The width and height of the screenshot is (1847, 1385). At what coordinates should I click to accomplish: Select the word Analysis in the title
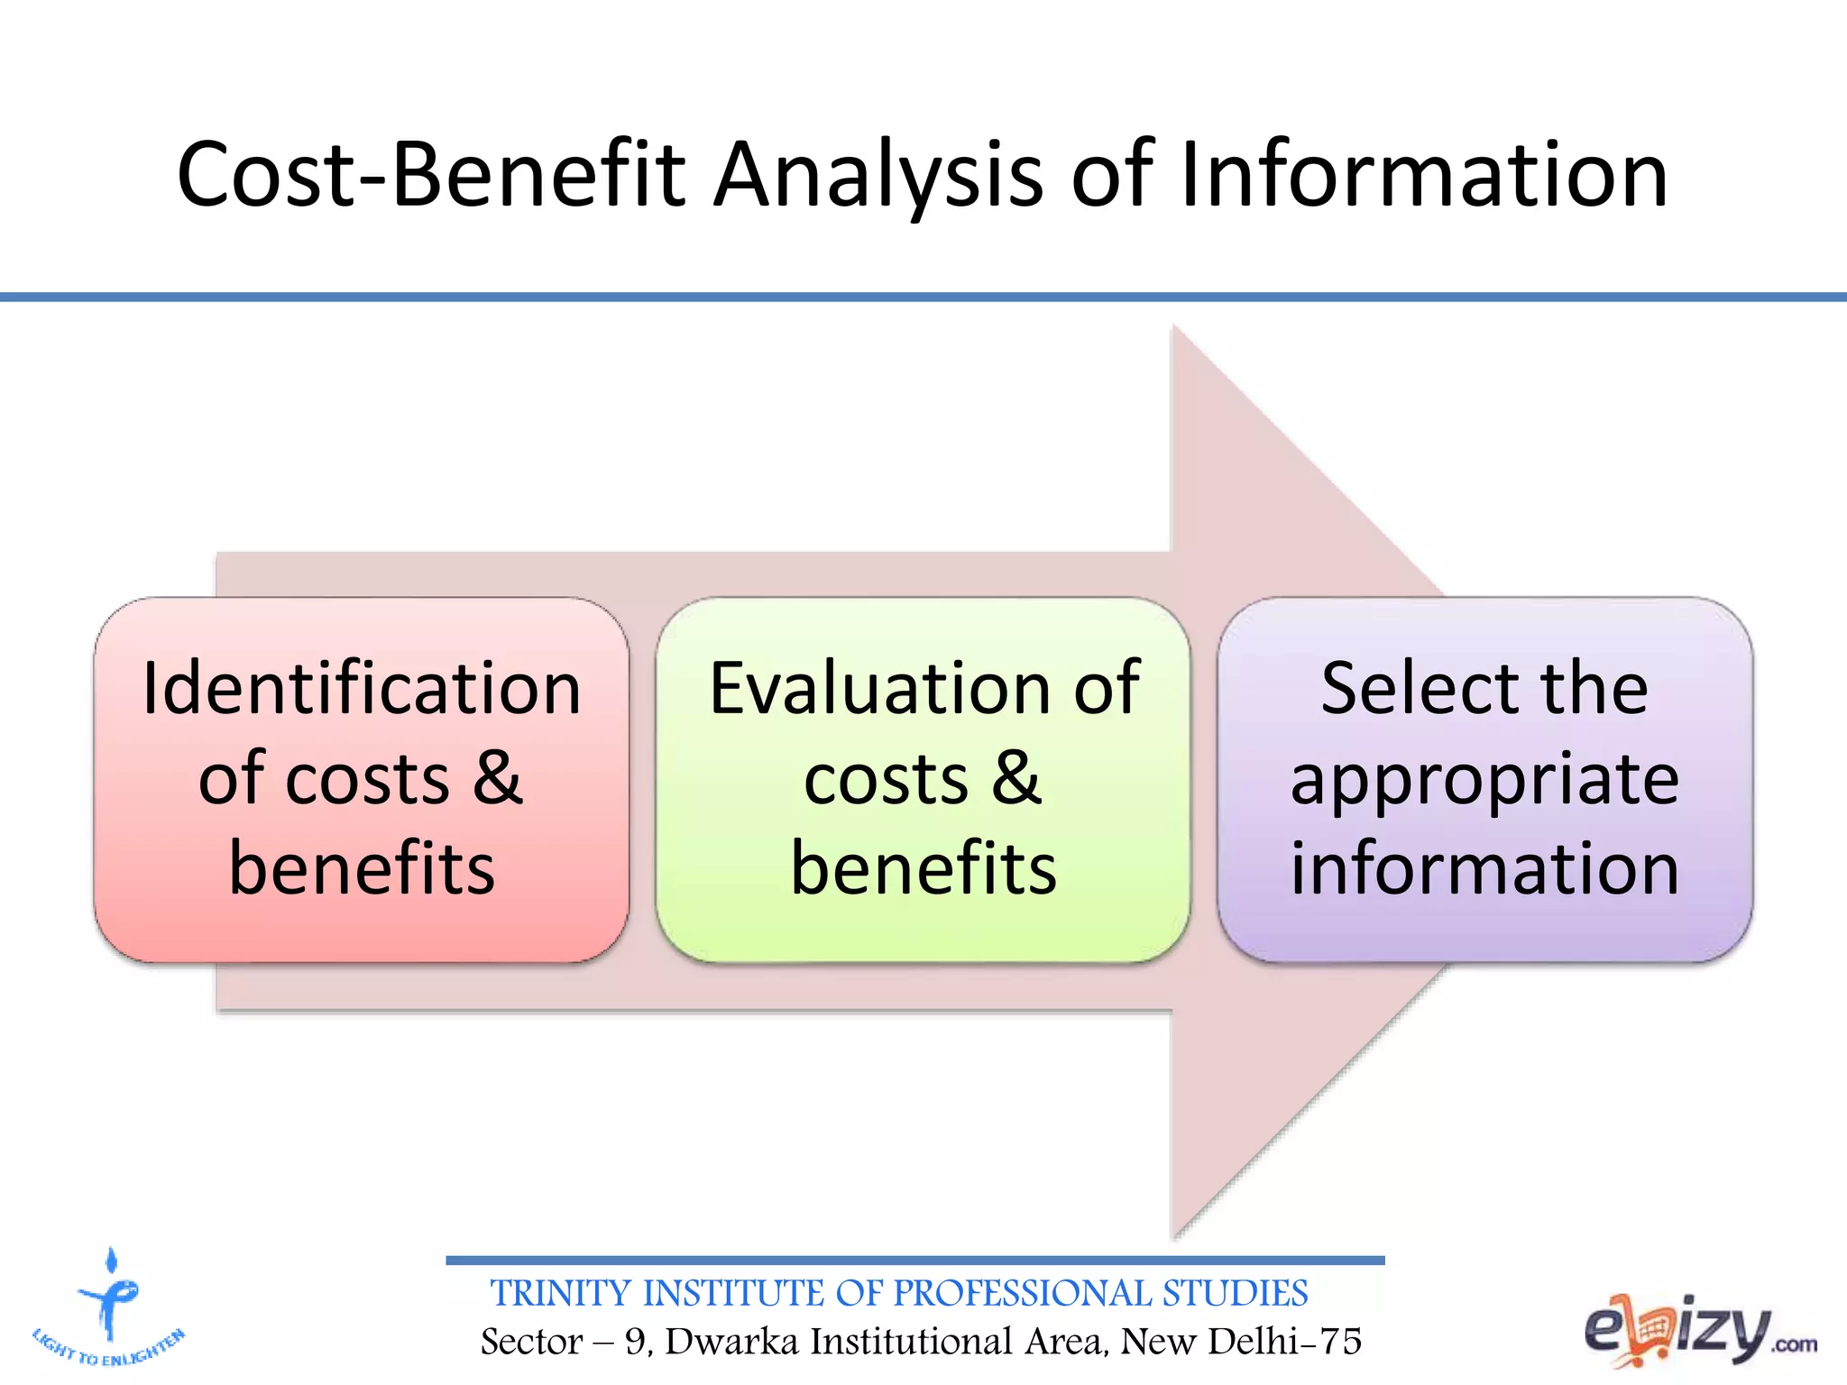877,175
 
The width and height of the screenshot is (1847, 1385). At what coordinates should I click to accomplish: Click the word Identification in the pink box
362,689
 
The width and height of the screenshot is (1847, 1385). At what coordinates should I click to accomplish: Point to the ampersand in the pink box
498,777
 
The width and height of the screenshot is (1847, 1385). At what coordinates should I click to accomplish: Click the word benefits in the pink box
362,867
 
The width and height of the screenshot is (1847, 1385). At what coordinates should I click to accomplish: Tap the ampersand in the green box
1016,777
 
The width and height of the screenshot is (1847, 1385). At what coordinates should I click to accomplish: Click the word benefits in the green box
923,867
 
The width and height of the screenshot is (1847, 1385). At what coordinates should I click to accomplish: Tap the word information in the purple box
1484,867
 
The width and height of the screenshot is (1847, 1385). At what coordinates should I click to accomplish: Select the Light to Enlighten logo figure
110,1298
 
